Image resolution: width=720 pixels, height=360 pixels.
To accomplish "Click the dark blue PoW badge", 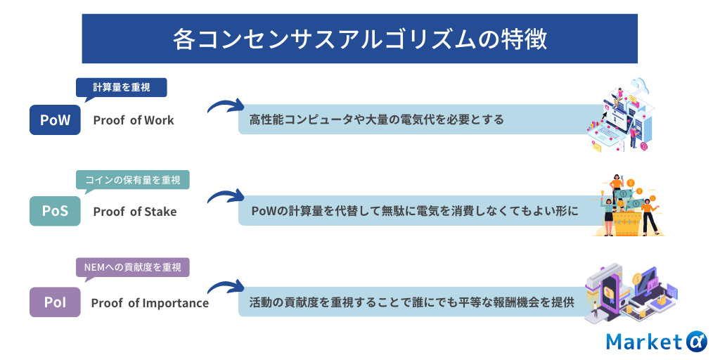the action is point(55,120).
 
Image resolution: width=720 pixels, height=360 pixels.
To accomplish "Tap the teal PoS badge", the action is point(55,211).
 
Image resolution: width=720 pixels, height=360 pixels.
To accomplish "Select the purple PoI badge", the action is point(55,302).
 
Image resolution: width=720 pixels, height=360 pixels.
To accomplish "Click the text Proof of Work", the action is point(134,120).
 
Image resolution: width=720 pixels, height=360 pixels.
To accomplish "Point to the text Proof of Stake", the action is point(135,212).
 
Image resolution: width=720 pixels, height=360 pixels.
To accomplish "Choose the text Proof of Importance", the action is point(150,304).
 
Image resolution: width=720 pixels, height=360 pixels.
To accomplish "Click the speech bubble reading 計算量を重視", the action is point(121,88).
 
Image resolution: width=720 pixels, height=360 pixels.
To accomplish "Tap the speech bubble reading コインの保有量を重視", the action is point(133,180).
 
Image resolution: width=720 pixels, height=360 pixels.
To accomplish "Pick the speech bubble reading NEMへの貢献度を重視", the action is point(133,267).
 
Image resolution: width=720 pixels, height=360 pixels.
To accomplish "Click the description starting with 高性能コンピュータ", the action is point(377,120).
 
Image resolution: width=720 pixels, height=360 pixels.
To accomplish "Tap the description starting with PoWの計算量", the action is point(414,211).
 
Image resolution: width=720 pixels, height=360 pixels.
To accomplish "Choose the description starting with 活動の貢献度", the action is point(412,302).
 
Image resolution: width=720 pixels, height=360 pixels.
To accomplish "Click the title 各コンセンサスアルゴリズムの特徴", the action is point(359,39).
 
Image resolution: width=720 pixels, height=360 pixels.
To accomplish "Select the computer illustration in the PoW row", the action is point(621,115).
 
